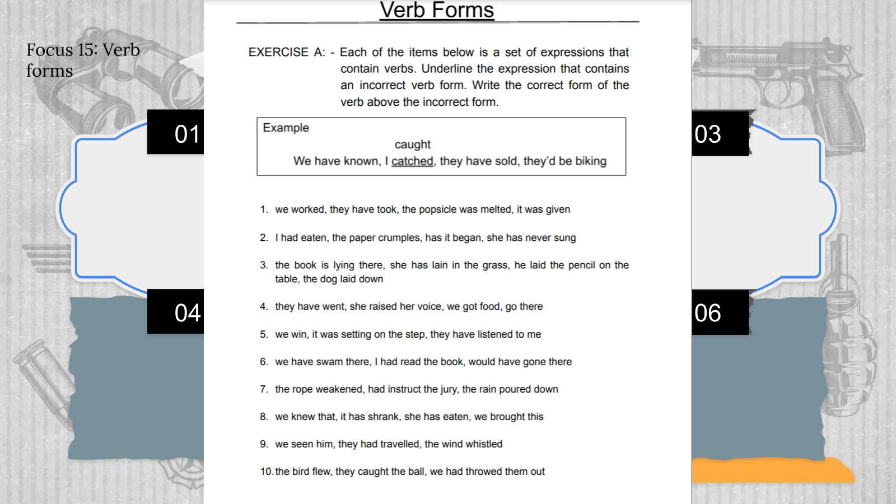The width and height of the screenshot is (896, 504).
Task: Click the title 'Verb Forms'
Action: pos(437,10)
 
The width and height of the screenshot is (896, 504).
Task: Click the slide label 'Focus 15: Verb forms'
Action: pos(83,60)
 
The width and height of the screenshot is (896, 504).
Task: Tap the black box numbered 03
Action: pos(720,134)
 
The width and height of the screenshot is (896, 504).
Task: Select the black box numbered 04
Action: pos(176,312)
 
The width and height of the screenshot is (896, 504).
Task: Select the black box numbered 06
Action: pos(720,312)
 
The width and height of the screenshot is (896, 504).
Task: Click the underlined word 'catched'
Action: pos(412,161)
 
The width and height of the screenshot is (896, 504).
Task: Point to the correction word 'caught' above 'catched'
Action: pos(413,144)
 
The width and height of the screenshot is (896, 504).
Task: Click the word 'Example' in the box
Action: pos(286,128)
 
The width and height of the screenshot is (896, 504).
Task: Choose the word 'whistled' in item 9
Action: pos(484,444)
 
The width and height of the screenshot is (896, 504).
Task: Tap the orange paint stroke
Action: pos(773,470)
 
